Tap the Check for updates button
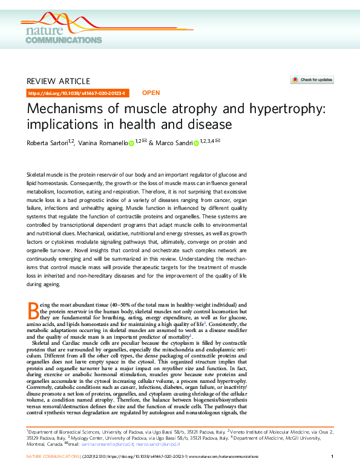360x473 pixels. coord(312,80)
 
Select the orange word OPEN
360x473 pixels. coord(151,93)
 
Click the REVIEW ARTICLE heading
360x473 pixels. coord(59,81)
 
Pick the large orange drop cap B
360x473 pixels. coord(33,313)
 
